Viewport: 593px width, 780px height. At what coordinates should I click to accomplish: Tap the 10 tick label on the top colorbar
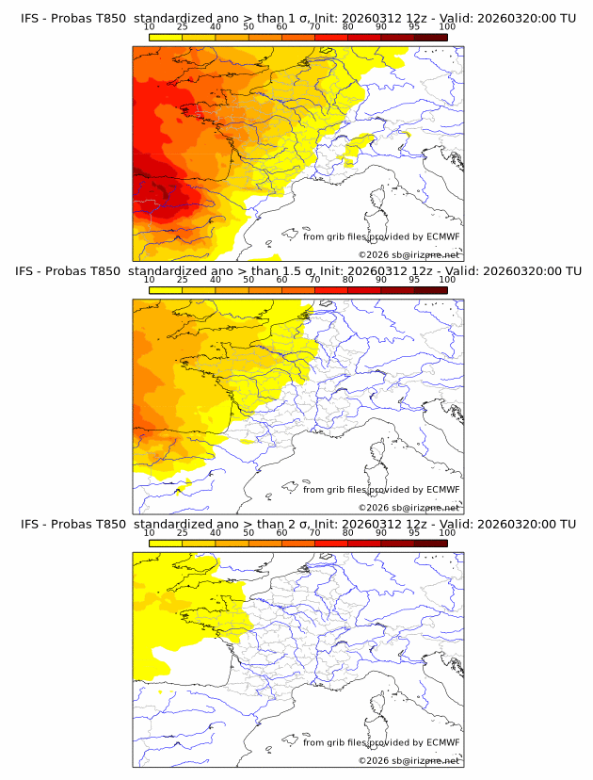click(x=150, y=27)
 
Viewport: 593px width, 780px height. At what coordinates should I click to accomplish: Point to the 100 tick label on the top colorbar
click(x=447, y=27)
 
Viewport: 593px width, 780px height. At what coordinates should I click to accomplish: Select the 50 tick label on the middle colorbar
click(x=248, y=280)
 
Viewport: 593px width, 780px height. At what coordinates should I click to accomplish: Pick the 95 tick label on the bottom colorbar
click(x=414, y=532)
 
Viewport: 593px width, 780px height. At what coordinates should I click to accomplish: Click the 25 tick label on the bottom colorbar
click(x=183, y=532)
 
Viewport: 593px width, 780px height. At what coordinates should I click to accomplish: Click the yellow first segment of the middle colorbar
click(x=166, y=289)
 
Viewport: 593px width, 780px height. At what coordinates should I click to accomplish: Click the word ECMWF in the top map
click(x=443, y=236)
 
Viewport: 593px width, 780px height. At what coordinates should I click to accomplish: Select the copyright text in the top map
click(x=409, y=255)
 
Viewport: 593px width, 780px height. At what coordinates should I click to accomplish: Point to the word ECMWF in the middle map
click(x=443, y=489)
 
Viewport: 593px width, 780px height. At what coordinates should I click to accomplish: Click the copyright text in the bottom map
click(x=409, y=760)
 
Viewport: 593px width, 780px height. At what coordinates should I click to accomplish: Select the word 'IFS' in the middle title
click(x=26, y=271)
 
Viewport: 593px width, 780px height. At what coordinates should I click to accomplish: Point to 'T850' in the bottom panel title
click(x=110, y=524)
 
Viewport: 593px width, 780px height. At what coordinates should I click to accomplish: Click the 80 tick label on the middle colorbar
click(x=348, y=280)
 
